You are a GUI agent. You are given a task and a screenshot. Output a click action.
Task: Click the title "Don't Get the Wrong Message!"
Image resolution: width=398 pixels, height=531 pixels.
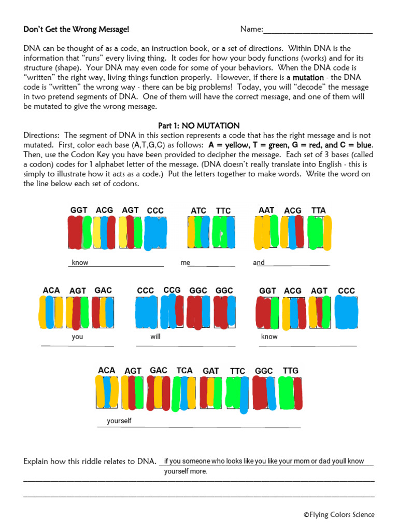coord(76,30)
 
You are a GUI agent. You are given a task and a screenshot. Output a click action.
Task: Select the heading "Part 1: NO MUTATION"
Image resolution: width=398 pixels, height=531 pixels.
coord(198,125)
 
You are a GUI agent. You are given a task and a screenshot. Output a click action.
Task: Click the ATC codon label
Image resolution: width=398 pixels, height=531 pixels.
coord(198,211)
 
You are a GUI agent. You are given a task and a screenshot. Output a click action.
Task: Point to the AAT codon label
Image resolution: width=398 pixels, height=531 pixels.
coord(266,210)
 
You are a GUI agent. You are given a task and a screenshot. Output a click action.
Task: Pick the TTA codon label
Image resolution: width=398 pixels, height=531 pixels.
coord(319,210)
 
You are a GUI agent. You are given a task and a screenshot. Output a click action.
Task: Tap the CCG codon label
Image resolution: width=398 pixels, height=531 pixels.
coord(172,290)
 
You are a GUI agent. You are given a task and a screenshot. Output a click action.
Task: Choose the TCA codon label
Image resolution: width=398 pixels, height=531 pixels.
coord(184,370)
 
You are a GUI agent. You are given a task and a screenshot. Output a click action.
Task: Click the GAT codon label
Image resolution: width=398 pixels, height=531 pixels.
coord(211,371)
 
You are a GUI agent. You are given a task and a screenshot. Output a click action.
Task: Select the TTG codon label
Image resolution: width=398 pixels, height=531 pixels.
coord(291,370)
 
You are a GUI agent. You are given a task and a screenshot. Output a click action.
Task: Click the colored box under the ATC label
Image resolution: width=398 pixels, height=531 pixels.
coord(198,232)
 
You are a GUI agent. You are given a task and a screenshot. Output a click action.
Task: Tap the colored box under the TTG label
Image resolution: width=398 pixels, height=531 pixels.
coord(291,393)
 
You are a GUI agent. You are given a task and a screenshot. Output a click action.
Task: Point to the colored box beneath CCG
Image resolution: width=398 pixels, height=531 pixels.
coord(172,312)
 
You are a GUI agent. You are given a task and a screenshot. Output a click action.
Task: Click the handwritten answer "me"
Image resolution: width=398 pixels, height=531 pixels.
coord(186,263)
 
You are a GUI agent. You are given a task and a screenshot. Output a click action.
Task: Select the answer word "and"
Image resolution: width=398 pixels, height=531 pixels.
coord(259,263)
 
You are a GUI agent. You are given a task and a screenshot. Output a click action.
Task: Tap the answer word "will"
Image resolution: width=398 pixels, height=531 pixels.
coord(155,337)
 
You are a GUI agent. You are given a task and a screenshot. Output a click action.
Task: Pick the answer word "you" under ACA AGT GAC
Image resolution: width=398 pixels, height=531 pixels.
coord(78,337)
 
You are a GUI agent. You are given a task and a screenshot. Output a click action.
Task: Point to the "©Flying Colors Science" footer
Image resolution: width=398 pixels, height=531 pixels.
coord(339,515)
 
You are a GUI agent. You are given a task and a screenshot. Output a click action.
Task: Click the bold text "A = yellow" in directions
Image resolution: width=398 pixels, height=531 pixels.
coord(226,145)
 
